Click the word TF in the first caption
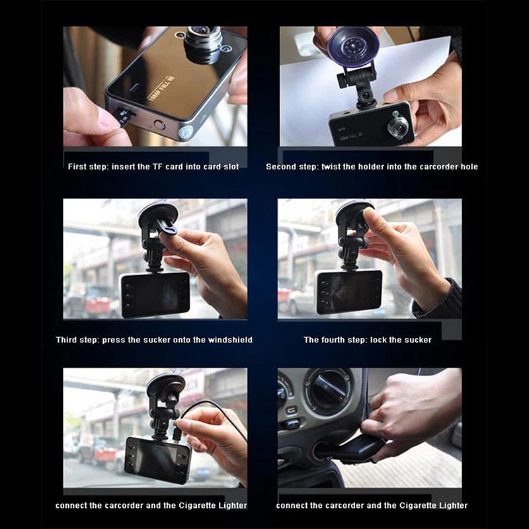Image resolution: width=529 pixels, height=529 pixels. point(158,167)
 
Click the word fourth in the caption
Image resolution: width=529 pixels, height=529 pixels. point(333,340)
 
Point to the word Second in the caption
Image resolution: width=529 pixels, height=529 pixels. point(279,167)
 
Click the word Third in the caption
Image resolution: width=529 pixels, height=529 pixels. point(67,340)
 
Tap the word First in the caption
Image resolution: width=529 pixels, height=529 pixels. point(77,167)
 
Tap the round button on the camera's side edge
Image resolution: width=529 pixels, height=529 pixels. point(159,125)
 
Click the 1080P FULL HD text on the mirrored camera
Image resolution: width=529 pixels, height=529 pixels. point(161,88)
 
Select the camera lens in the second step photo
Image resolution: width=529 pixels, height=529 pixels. point(397,126)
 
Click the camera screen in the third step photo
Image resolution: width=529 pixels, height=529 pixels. point(155,294)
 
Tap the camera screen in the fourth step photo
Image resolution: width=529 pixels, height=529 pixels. point(349,291)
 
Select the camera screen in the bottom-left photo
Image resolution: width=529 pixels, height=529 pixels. point(157,459)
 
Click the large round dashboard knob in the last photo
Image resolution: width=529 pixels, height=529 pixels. point(328,391)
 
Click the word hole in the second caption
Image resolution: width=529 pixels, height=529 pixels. point(469,167)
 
